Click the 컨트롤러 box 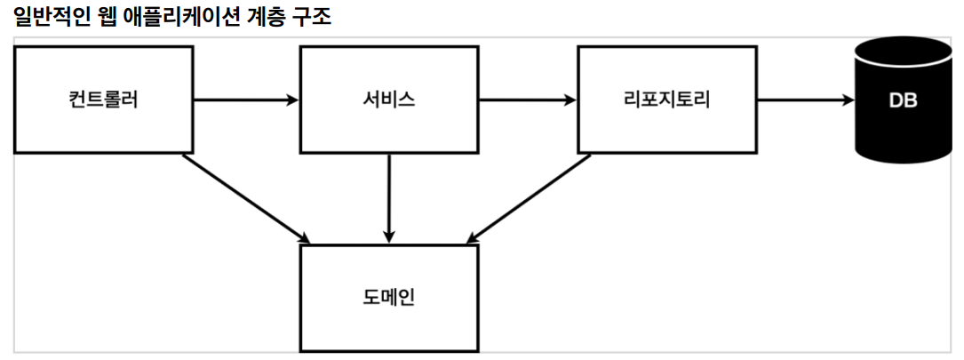(x=103, y=100)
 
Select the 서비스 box (x=389, y=100)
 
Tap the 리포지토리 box (x=667, y=100)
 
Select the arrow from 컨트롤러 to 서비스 (x=244, y=100)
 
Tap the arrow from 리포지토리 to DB (x=804, y=100)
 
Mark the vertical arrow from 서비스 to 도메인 (x=389, y=197)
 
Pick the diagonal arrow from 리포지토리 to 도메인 (x=529, y=197)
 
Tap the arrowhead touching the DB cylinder (x=846, y=100)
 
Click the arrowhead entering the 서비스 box (x=292, y=100)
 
